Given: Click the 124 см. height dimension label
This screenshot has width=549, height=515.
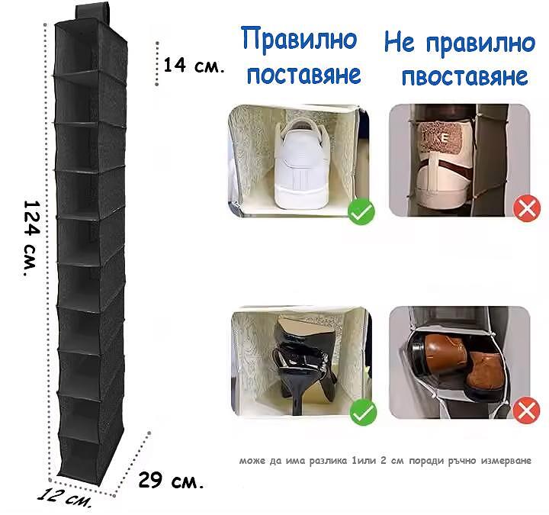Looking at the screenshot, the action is click(30, 238).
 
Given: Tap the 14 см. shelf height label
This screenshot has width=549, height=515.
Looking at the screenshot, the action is click(194, 65).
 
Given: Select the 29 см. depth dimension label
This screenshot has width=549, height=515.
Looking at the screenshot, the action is click(171, 481).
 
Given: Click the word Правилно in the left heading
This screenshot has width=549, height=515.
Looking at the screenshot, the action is click(300, 40).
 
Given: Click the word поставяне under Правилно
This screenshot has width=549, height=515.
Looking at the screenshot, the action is click(304, 75).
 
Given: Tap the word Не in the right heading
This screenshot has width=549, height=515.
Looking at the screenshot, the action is click(400, 42).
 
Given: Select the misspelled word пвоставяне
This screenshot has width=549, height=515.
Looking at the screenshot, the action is click(464, 76).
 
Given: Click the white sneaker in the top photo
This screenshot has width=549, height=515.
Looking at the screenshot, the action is click(301, 165).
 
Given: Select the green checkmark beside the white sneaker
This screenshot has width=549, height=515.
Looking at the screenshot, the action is click(361, 211).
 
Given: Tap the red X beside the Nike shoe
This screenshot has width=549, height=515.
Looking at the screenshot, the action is click(527, 209).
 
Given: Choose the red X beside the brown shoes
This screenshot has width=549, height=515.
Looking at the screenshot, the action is click(526, 410).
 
